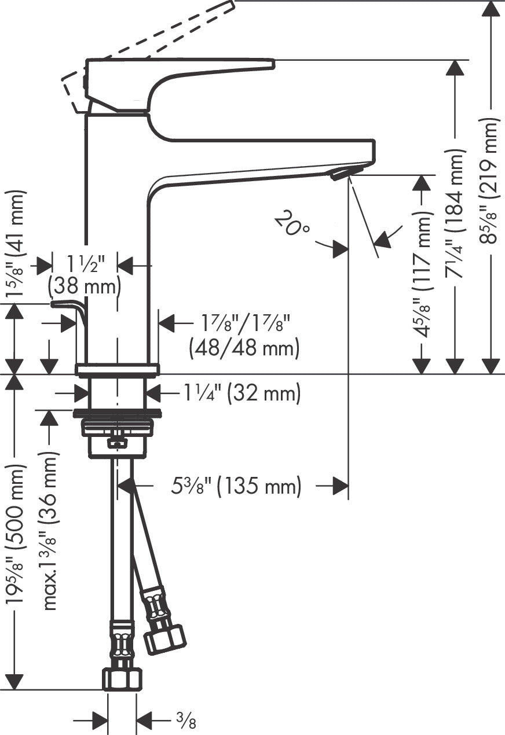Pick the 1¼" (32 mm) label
coord(242,394)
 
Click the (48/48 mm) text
coord(244,348)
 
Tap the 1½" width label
coord(85,265)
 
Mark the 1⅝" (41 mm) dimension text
coord(15,243)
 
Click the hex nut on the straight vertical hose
coord(122,679)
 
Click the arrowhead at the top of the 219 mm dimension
coord(491,8)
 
